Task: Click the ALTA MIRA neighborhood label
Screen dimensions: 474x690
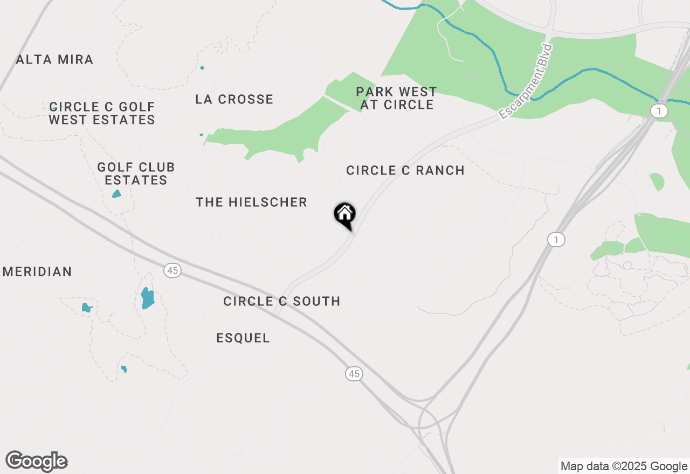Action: point(54,59)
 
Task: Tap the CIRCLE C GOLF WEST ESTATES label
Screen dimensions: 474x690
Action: point(102,113)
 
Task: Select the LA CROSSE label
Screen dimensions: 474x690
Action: point(234,99)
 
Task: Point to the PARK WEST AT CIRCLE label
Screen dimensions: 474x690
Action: point(397,98)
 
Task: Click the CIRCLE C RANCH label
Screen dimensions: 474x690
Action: point(405,170)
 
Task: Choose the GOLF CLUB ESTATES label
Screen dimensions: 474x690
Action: point(136,173)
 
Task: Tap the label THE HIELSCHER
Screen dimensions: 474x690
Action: point(251,202)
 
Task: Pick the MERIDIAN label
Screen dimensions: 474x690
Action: point(37,271)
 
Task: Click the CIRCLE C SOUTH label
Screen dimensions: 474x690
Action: point(282,301)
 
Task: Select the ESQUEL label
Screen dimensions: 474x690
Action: point(243,338)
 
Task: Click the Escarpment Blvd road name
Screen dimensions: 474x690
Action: point(526,82)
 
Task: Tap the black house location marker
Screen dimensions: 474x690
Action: point(344,215)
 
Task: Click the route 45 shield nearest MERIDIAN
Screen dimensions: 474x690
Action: point(172,270)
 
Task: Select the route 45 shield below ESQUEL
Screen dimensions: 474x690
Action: point(354,374)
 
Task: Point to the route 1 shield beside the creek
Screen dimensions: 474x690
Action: point(659,111)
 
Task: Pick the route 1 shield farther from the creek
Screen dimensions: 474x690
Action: point(556,240)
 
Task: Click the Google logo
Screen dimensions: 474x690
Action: point(37,462)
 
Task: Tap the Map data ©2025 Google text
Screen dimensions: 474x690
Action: point(623,466)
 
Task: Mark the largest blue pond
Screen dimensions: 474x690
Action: point(147,298)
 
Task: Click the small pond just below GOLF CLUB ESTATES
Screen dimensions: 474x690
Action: point(116,194)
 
